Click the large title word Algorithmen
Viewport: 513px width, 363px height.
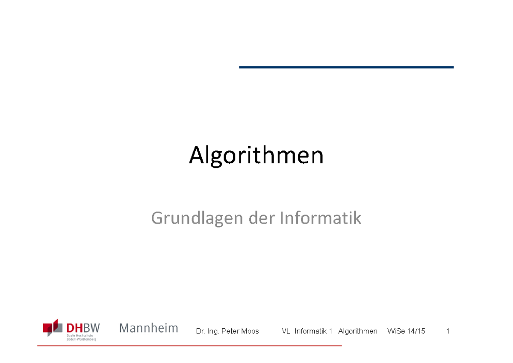pos(256,156)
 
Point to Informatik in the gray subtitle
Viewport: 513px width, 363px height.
pos(321,218)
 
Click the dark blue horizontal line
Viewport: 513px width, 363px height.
pos(346,67)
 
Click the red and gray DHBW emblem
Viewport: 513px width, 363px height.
pos(53,328)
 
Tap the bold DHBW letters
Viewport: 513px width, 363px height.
pos(83,328)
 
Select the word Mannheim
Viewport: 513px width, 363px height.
pos(148,328)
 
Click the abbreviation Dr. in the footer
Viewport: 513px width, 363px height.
pos(200,331)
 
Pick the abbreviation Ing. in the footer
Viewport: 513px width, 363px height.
pos(213,332)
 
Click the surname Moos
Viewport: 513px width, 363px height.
pos(251,331)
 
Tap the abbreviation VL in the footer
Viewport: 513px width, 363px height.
pos(286,331)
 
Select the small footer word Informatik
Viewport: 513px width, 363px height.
pos(311,331)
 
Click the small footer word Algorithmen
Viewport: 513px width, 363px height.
pos(357,331)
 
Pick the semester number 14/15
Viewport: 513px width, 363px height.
pos(416,331)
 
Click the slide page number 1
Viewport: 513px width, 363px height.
pos(448,331)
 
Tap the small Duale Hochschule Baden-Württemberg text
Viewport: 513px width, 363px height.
pos(81,337)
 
